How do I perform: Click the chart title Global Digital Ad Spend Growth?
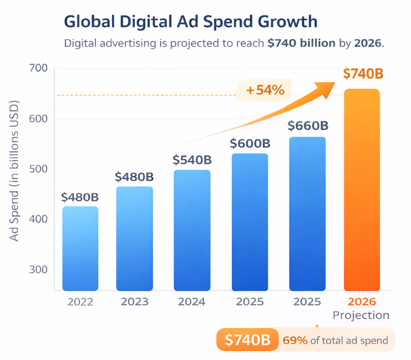click(190, 22)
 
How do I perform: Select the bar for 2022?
click(80, 248)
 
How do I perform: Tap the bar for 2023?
click(134, 238)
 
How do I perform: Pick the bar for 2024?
click(192, 230)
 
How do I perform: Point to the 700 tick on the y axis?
click(38, 68)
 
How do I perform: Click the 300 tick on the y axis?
click(38, 270)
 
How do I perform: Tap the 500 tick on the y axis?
click(38, 169)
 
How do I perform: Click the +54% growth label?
click(265, 90)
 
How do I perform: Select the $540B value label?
click(192, 160)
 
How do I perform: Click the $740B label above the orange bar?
click(363, 74)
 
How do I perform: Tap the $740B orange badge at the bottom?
click(247, 340)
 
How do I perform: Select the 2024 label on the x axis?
click(192, 301)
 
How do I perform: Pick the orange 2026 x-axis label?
click(362, 301)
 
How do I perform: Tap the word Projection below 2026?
click(361, 315)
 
